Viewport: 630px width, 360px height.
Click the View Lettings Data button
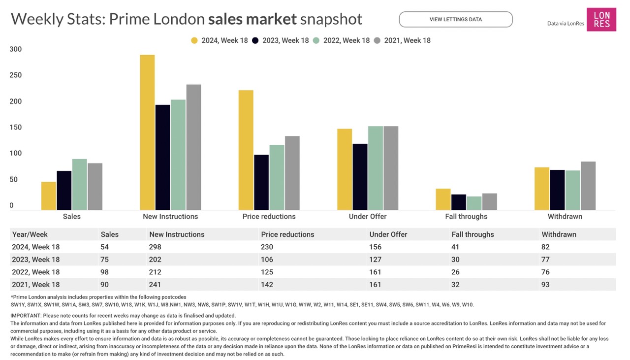pos(455,20)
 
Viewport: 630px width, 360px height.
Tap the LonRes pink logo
pos(601,20)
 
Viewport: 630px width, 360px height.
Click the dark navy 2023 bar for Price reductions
pos(261,182)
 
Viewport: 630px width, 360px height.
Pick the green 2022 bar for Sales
pos(79,184)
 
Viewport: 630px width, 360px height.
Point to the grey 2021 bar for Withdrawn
pos(588,186)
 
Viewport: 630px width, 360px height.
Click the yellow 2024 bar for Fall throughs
pos(443,199)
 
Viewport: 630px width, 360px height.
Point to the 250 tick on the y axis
pos(16,75)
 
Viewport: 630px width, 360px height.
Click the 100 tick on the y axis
pos(16,153)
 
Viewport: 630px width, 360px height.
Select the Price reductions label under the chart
pos(269,217)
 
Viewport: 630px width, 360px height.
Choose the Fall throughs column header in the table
pos(472,234)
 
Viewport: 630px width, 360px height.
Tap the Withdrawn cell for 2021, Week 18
pos(545,285)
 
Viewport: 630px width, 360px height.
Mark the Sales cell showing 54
pos(105,247)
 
